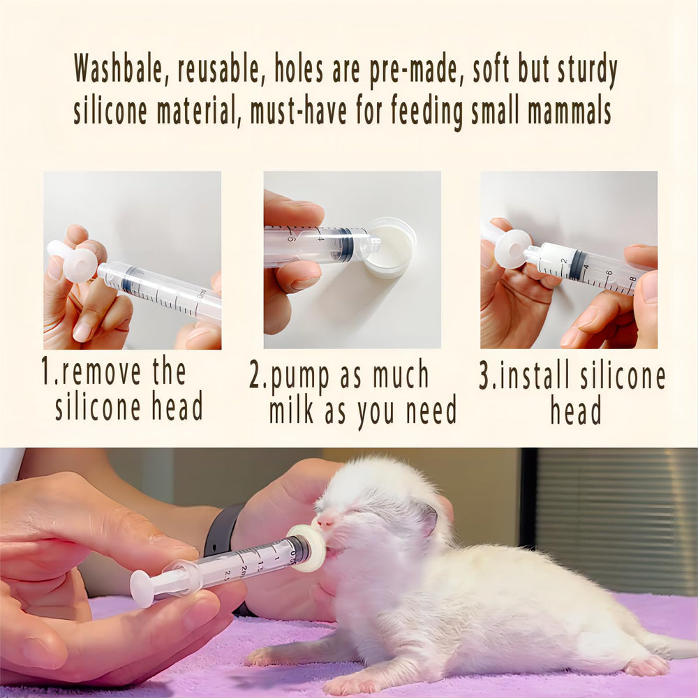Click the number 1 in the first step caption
[45, 373]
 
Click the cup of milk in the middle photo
[391, 248]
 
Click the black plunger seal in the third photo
[577, 265]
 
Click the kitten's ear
[427, 520]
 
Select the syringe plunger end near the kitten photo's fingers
[142, 588]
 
